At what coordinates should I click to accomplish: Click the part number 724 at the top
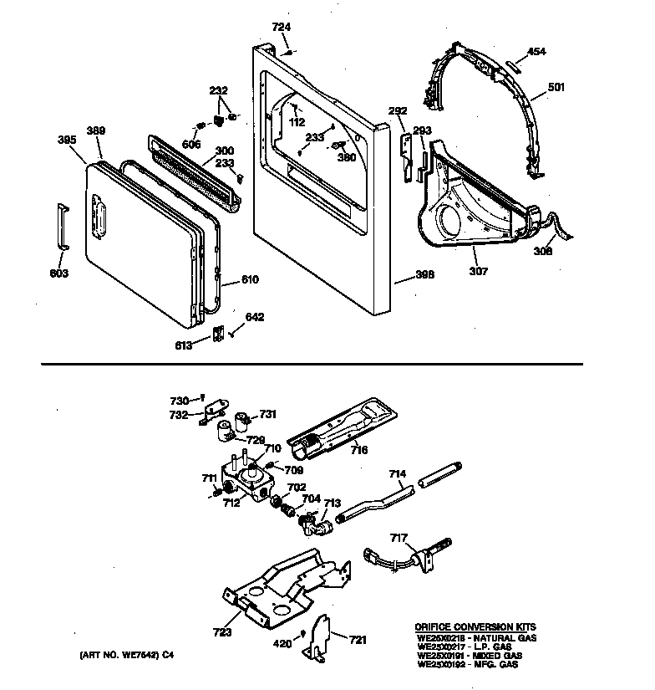[282, 28]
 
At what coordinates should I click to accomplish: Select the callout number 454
[536, 52]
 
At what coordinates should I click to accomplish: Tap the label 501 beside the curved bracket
[556, 85]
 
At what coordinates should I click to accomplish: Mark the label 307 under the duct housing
[478, 271]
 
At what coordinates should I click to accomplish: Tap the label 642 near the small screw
[254, 317]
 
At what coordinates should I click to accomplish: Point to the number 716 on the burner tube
[359, 450]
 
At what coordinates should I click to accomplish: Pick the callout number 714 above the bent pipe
[398, 474]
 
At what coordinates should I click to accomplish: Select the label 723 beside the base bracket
[222, 633]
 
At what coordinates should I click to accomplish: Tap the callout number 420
[283, 645]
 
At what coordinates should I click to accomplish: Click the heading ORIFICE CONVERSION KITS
[475, 626]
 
